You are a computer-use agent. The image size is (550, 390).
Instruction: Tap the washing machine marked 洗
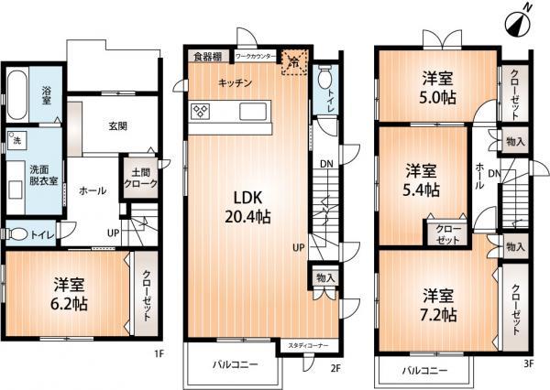[x=16, y=141]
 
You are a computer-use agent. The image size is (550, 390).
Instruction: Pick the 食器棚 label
[x=207, y=55]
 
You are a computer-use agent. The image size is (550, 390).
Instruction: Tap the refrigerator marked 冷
[x=292, y=60]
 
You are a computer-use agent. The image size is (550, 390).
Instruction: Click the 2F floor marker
[x=335, y=369]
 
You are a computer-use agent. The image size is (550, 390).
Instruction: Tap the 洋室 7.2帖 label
[x=440, y=305]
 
